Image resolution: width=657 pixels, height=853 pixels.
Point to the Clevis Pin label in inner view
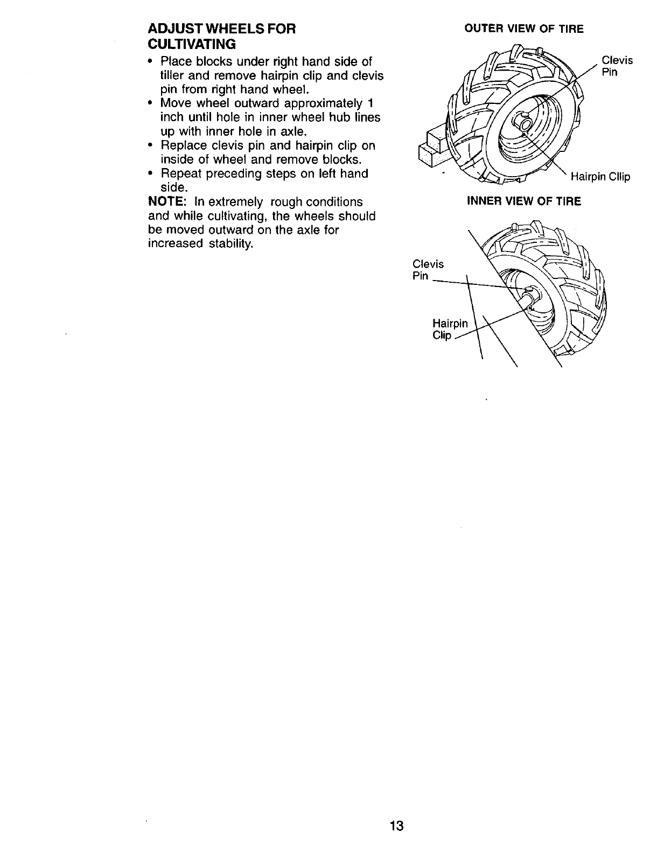pyautogui.click(x=428, y=270)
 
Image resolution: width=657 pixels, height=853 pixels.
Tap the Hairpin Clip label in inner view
pyautogui.click(x=450, y=329)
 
